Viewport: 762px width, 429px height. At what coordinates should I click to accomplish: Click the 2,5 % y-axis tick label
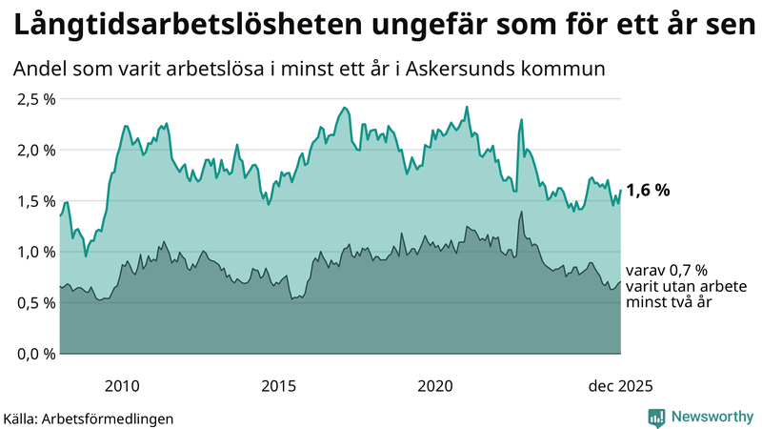click(x=34, y=99)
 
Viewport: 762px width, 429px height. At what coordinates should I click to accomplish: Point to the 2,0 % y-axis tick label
click(x=34, y=150)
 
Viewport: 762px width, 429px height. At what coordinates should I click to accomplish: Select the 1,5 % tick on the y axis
click(x=34, y=201)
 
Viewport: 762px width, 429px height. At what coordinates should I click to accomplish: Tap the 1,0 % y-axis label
click(x=34, y=252)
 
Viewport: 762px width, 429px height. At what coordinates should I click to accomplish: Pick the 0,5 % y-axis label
click(x=34, y=303)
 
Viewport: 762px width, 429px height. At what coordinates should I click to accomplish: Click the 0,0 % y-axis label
click(x=34, y=354)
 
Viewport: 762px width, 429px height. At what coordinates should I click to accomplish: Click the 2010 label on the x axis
click(x=122, y=386)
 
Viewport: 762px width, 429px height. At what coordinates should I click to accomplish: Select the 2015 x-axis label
click(x=278, y=386)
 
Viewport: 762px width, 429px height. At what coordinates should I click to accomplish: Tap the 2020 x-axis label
click(x=435, y=386)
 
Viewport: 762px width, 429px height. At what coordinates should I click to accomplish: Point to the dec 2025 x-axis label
click(x=620, y=386)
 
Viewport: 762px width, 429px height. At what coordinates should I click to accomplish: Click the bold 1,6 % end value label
click(x=648, y=191)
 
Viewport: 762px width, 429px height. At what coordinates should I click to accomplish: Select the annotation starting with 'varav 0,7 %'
click(x=667, y=286)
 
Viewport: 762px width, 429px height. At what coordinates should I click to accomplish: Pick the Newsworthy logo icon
click(x=656, y=417)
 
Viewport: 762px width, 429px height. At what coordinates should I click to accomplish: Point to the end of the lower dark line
click(x=620, y=282)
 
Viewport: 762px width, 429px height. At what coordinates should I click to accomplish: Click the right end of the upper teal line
click(x=620, y=191)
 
